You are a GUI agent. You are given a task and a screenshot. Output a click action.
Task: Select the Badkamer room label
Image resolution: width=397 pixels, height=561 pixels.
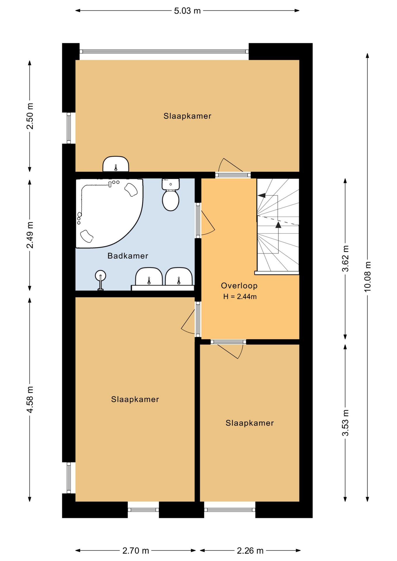pyautogui.click(x=128, y=256)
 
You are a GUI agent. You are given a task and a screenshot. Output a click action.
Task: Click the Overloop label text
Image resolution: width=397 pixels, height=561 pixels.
pyautogui.click(x=239, y=286)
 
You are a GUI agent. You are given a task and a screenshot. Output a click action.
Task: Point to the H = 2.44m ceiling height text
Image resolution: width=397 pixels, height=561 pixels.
pyautogui.click(x=240, y=297)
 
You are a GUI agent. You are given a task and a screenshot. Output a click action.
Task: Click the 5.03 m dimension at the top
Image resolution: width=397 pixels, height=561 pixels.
pyautogui.click(x=187, y=11)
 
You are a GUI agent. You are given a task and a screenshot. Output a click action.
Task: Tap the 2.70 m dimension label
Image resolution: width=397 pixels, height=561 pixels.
pyautogui.click(x=136, y=551)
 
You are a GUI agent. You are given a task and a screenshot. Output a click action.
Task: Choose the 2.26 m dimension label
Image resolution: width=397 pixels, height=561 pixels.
pyautogui.click(x=250, y=551)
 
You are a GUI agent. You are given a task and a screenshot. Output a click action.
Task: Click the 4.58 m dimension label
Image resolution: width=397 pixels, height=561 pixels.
pyautogui.click(x=30, y=399)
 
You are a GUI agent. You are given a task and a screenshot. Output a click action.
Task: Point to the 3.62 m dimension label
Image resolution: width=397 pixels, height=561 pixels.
pyautogui.click(x=345, y=259)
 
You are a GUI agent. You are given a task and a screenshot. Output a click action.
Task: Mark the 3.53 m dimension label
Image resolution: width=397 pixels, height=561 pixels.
pyautogui.click(x=345, y=423)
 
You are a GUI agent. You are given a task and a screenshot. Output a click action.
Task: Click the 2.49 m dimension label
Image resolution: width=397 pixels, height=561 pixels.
pyautogui.click(x=30, y=235)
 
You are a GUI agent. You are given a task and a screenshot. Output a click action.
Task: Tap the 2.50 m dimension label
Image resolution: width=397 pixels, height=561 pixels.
pyautogui.click(x=30, y=116)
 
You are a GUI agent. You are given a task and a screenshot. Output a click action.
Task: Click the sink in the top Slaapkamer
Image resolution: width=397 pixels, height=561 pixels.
pyautogui.click(x=116, y=164)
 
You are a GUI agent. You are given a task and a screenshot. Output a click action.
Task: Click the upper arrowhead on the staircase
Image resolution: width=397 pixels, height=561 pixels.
pyautogui.click(x=262, y=195)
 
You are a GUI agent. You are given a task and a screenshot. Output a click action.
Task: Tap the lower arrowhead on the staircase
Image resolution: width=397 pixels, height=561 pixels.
pyautogui.click(x=278, y=224)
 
